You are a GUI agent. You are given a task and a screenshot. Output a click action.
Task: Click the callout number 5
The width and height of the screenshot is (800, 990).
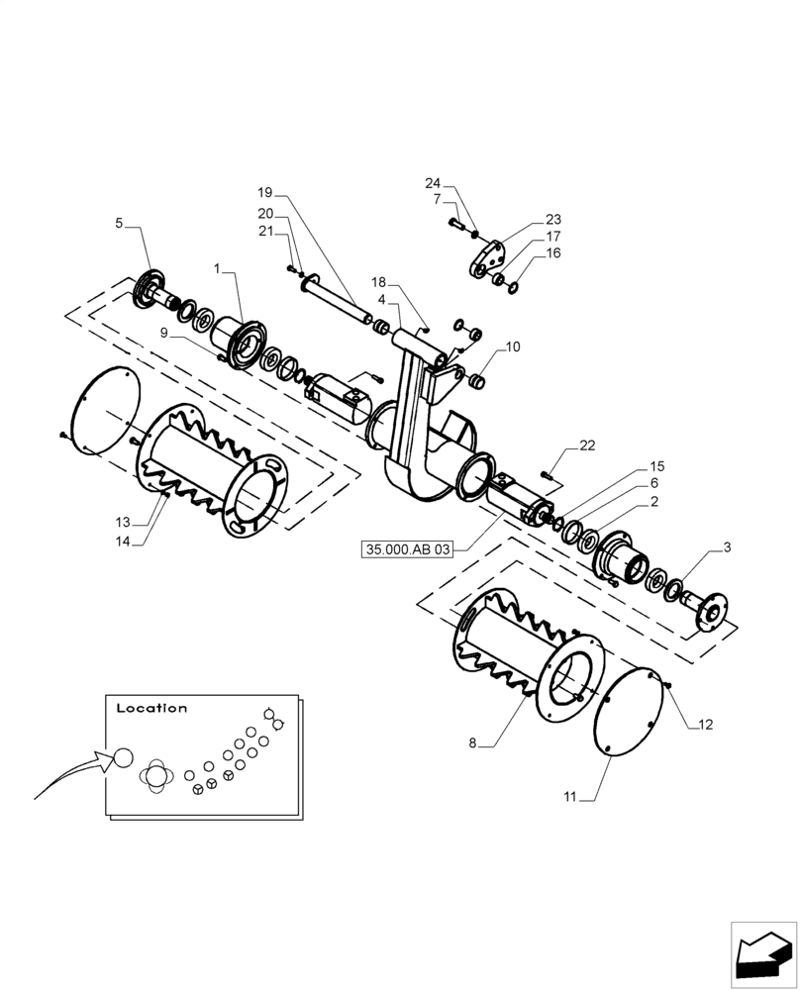pyautogui.click(x=119, y=224)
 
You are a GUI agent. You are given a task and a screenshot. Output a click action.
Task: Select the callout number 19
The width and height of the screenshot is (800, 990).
pyautogui.click(x=264, y=191)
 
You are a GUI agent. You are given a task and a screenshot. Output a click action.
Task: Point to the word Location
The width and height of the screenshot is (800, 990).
pyautogui.click(x=151, y=709)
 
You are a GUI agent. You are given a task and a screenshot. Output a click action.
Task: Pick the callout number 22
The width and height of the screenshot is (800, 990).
pyautogui.click(x=587, y=446)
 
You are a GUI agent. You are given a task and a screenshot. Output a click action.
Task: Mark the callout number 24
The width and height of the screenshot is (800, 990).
pyautogui.click(x=433, y=183)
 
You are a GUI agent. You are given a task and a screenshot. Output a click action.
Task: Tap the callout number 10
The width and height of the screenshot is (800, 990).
pyautogui.click(x=512, y=347)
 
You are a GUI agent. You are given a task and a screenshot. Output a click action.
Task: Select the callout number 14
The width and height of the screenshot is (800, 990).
pyautogui.click(x=123, y=541)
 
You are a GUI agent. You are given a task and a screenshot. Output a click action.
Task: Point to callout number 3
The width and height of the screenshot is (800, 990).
pyautogui.click(x=727, y=546)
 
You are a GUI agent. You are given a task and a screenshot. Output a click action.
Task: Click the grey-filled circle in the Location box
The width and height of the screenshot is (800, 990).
pyautogui.click(x=122, y=758)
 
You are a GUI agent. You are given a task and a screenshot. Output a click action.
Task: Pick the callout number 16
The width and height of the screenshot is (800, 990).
pyautogui.click(x=552, y=253)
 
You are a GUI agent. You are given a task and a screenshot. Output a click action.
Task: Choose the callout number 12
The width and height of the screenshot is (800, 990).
pyautogui.click(x=705, y=725)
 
